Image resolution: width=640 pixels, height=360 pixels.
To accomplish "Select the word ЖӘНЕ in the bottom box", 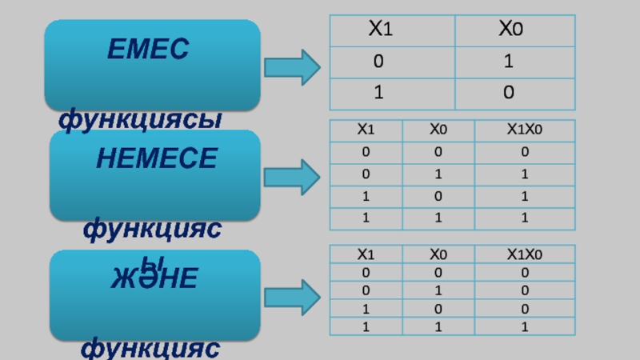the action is click(x=154, y=279).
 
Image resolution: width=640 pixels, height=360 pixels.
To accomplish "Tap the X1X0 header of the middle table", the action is click(x=524, y=129).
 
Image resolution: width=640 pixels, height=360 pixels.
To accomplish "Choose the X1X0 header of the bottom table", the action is click(x=524, y=254).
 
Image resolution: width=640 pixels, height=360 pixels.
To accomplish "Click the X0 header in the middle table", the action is click(x=438, y=129).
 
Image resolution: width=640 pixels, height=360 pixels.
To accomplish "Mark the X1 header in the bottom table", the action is click(x=365, y=254).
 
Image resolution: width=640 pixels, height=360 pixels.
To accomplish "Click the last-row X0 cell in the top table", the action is click(x=509, y=94).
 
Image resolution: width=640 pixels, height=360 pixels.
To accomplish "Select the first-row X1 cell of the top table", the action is click(x=378, y=62).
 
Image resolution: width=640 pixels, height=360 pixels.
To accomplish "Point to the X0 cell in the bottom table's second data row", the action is click(x=437, y=290).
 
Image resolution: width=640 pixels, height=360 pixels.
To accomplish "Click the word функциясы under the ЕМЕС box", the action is click(x=140, y=121).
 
